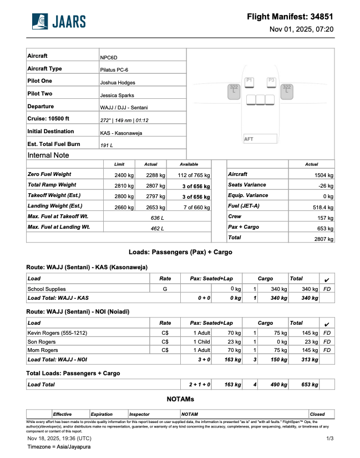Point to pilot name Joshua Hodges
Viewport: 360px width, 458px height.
[x=118, y=83]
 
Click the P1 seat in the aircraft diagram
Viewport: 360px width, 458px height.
[x=249, y=81]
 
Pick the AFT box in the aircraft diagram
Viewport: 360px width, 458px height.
[x=260, y=139]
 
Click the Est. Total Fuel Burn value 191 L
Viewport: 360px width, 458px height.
[x=107, y=145]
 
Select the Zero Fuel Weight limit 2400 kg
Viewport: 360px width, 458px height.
[x=123, y=175]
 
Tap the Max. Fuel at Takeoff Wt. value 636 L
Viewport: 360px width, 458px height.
[x=158, y=217]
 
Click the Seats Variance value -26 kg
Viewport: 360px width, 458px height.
[x=325, y=185]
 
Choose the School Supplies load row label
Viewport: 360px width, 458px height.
[x=47, y=289]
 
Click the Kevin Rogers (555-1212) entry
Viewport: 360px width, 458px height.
[x=57, y=333]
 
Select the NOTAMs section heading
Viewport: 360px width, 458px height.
[x=180, y=399]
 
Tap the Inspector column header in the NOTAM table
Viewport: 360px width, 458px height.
[x=139, y=414]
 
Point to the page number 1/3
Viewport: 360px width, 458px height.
[x=330, y=439]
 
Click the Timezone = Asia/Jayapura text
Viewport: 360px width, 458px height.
[x=59, y=446]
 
